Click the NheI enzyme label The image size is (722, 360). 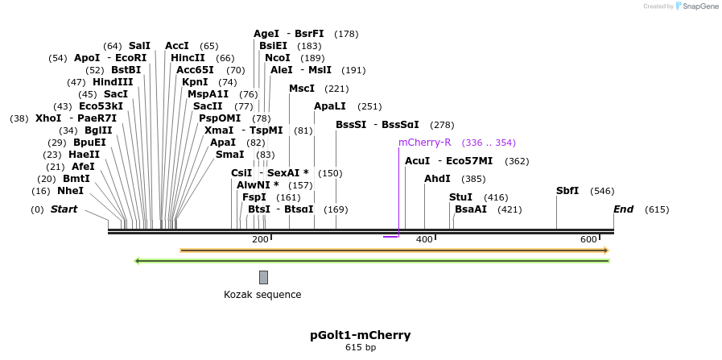click(x=70, y=192)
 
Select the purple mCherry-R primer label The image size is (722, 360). click(x=424, y=143)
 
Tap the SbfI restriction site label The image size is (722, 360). click(x=567, y=191)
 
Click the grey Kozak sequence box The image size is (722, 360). click(x=263, y=278)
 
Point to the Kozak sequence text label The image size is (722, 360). click(x=262, y=295)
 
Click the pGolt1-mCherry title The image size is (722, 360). click(x=361, y=335)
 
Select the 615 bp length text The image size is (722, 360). click(x=361, y=348)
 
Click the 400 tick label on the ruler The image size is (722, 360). click(x=423, y=239)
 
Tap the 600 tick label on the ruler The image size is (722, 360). click(x=588, y=239)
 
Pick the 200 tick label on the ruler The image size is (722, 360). click(x=260, y=239)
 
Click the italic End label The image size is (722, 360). click(x=623, y=209)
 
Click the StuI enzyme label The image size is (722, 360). click(x=460, y=197)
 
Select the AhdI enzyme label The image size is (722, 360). click(x=437, y=179)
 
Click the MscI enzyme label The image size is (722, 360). click(x=302, y=89)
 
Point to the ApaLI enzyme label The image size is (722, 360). click(x=330, y=106)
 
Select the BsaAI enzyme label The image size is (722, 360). click(x=471, y=209)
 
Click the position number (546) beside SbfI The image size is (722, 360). click(x=602, y=192)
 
